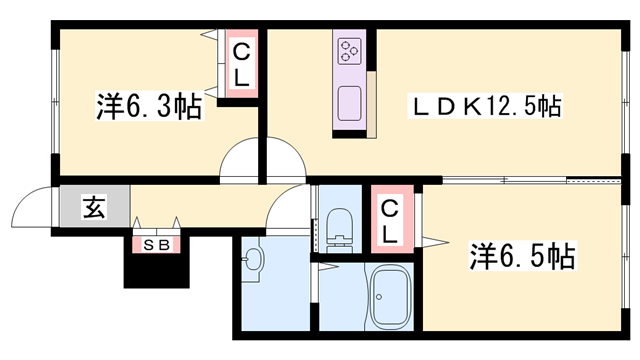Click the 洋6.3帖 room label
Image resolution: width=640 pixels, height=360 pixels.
[x=149, y=106]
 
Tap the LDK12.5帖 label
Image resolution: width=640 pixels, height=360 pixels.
[x=485, y=106]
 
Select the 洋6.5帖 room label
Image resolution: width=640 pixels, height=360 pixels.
[x=522, y=256]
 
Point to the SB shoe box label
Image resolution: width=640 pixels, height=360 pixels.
[x=157, y=245]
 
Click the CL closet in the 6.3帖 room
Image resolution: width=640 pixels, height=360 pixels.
[x=241, y=64]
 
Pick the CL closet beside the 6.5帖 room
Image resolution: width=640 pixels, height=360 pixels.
[x=392, y=219]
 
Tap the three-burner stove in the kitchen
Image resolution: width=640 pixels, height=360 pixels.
[x=349, y=51]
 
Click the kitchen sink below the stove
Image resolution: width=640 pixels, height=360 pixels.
[x=349, y=104]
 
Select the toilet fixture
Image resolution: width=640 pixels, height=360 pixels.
[x=340, y=230]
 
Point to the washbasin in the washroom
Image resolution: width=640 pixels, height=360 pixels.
[x=252, y=260]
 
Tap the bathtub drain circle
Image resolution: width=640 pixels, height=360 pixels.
[x=379, y=297]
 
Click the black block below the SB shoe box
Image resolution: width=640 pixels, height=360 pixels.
[x=157, y=270]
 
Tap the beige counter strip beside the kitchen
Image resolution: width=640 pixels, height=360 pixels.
[x=371, y=105]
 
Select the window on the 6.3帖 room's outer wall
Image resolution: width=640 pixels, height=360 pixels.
[x=55, y=102]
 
